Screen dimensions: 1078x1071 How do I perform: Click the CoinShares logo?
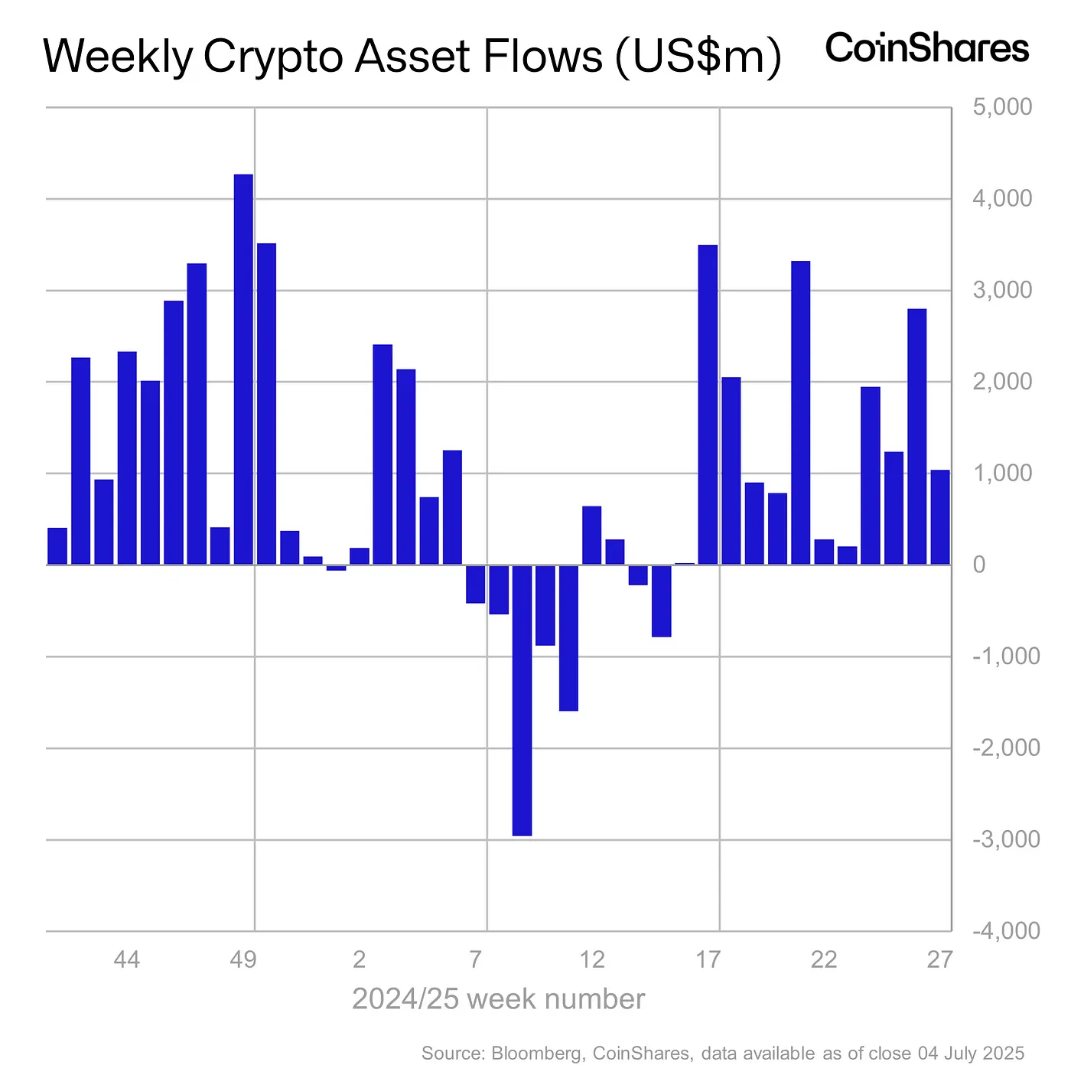point(926,49)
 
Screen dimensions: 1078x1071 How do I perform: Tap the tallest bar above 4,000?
point(243,370)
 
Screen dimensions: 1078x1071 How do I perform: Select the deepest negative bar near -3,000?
point(522,700)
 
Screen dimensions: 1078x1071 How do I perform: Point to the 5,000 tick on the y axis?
point(1001,107)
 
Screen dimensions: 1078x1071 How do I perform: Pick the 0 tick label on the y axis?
point(978,565)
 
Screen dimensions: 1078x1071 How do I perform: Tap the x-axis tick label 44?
point(127,959)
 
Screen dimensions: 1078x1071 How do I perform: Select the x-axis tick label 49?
point(243,959)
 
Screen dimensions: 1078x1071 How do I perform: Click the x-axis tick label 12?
point(592,959)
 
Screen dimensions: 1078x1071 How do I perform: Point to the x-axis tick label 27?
point(939,959)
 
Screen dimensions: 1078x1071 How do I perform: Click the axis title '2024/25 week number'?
point(498,999)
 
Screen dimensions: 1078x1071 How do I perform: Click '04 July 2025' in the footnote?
point(970,1054)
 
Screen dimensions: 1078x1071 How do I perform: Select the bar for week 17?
point(708,405)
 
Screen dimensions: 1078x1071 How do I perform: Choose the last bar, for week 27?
point(939,517)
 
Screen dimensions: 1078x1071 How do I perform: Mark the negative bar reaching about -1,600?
point(568,638)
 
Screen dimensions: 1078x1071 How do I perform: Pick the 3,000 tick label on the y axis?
point(1001,291)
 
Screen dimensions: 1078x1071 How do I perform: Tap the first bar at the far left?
point(57,546)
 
